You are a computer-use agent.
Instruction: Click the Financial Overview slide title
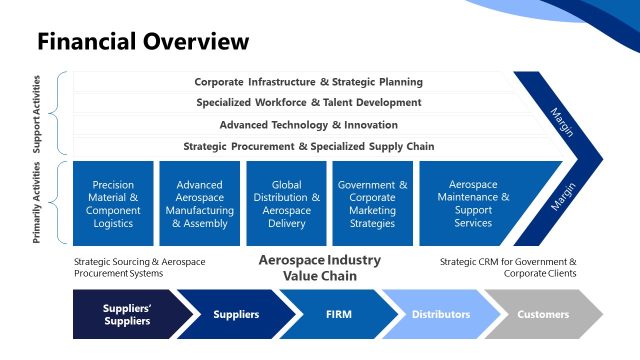[143, 42]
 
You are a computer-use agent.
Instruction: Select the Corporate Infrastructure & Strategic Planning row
[308, 82]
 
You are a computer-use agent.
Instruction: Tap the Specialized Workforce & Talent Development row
[308, 103]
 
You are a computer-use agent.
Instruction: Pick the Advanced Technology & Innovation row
[308, 125]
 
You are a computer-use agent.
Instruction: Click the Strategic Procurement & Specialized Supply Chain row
[308, 146]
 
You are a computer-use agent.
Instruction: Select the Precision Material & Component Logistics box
[113, 204]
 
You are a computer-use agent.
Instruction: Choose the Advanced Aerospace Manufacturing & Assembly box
[199, 204]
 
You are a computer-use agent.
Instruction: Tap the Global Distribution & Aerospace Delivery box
[286, 204]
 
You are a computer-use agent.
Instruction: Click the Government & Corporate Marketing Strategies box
[373, 204]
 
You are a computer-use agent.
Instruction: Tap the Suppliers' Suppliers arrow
[127, 314]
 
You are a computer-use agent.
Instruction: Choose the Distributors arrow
[440, 314]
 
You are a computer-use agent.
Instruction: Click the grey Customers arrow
[543, 314]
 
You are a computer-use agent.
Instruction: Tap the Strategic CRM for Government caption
[508, 267]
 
